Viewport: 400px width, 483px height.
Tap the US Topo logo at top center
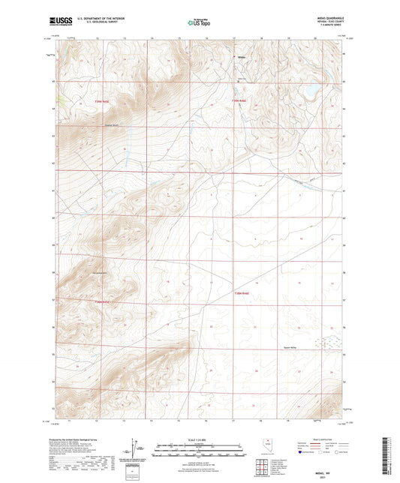pos(199,22)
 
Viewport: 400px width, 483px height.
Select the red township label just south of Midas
pos(239,100)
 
